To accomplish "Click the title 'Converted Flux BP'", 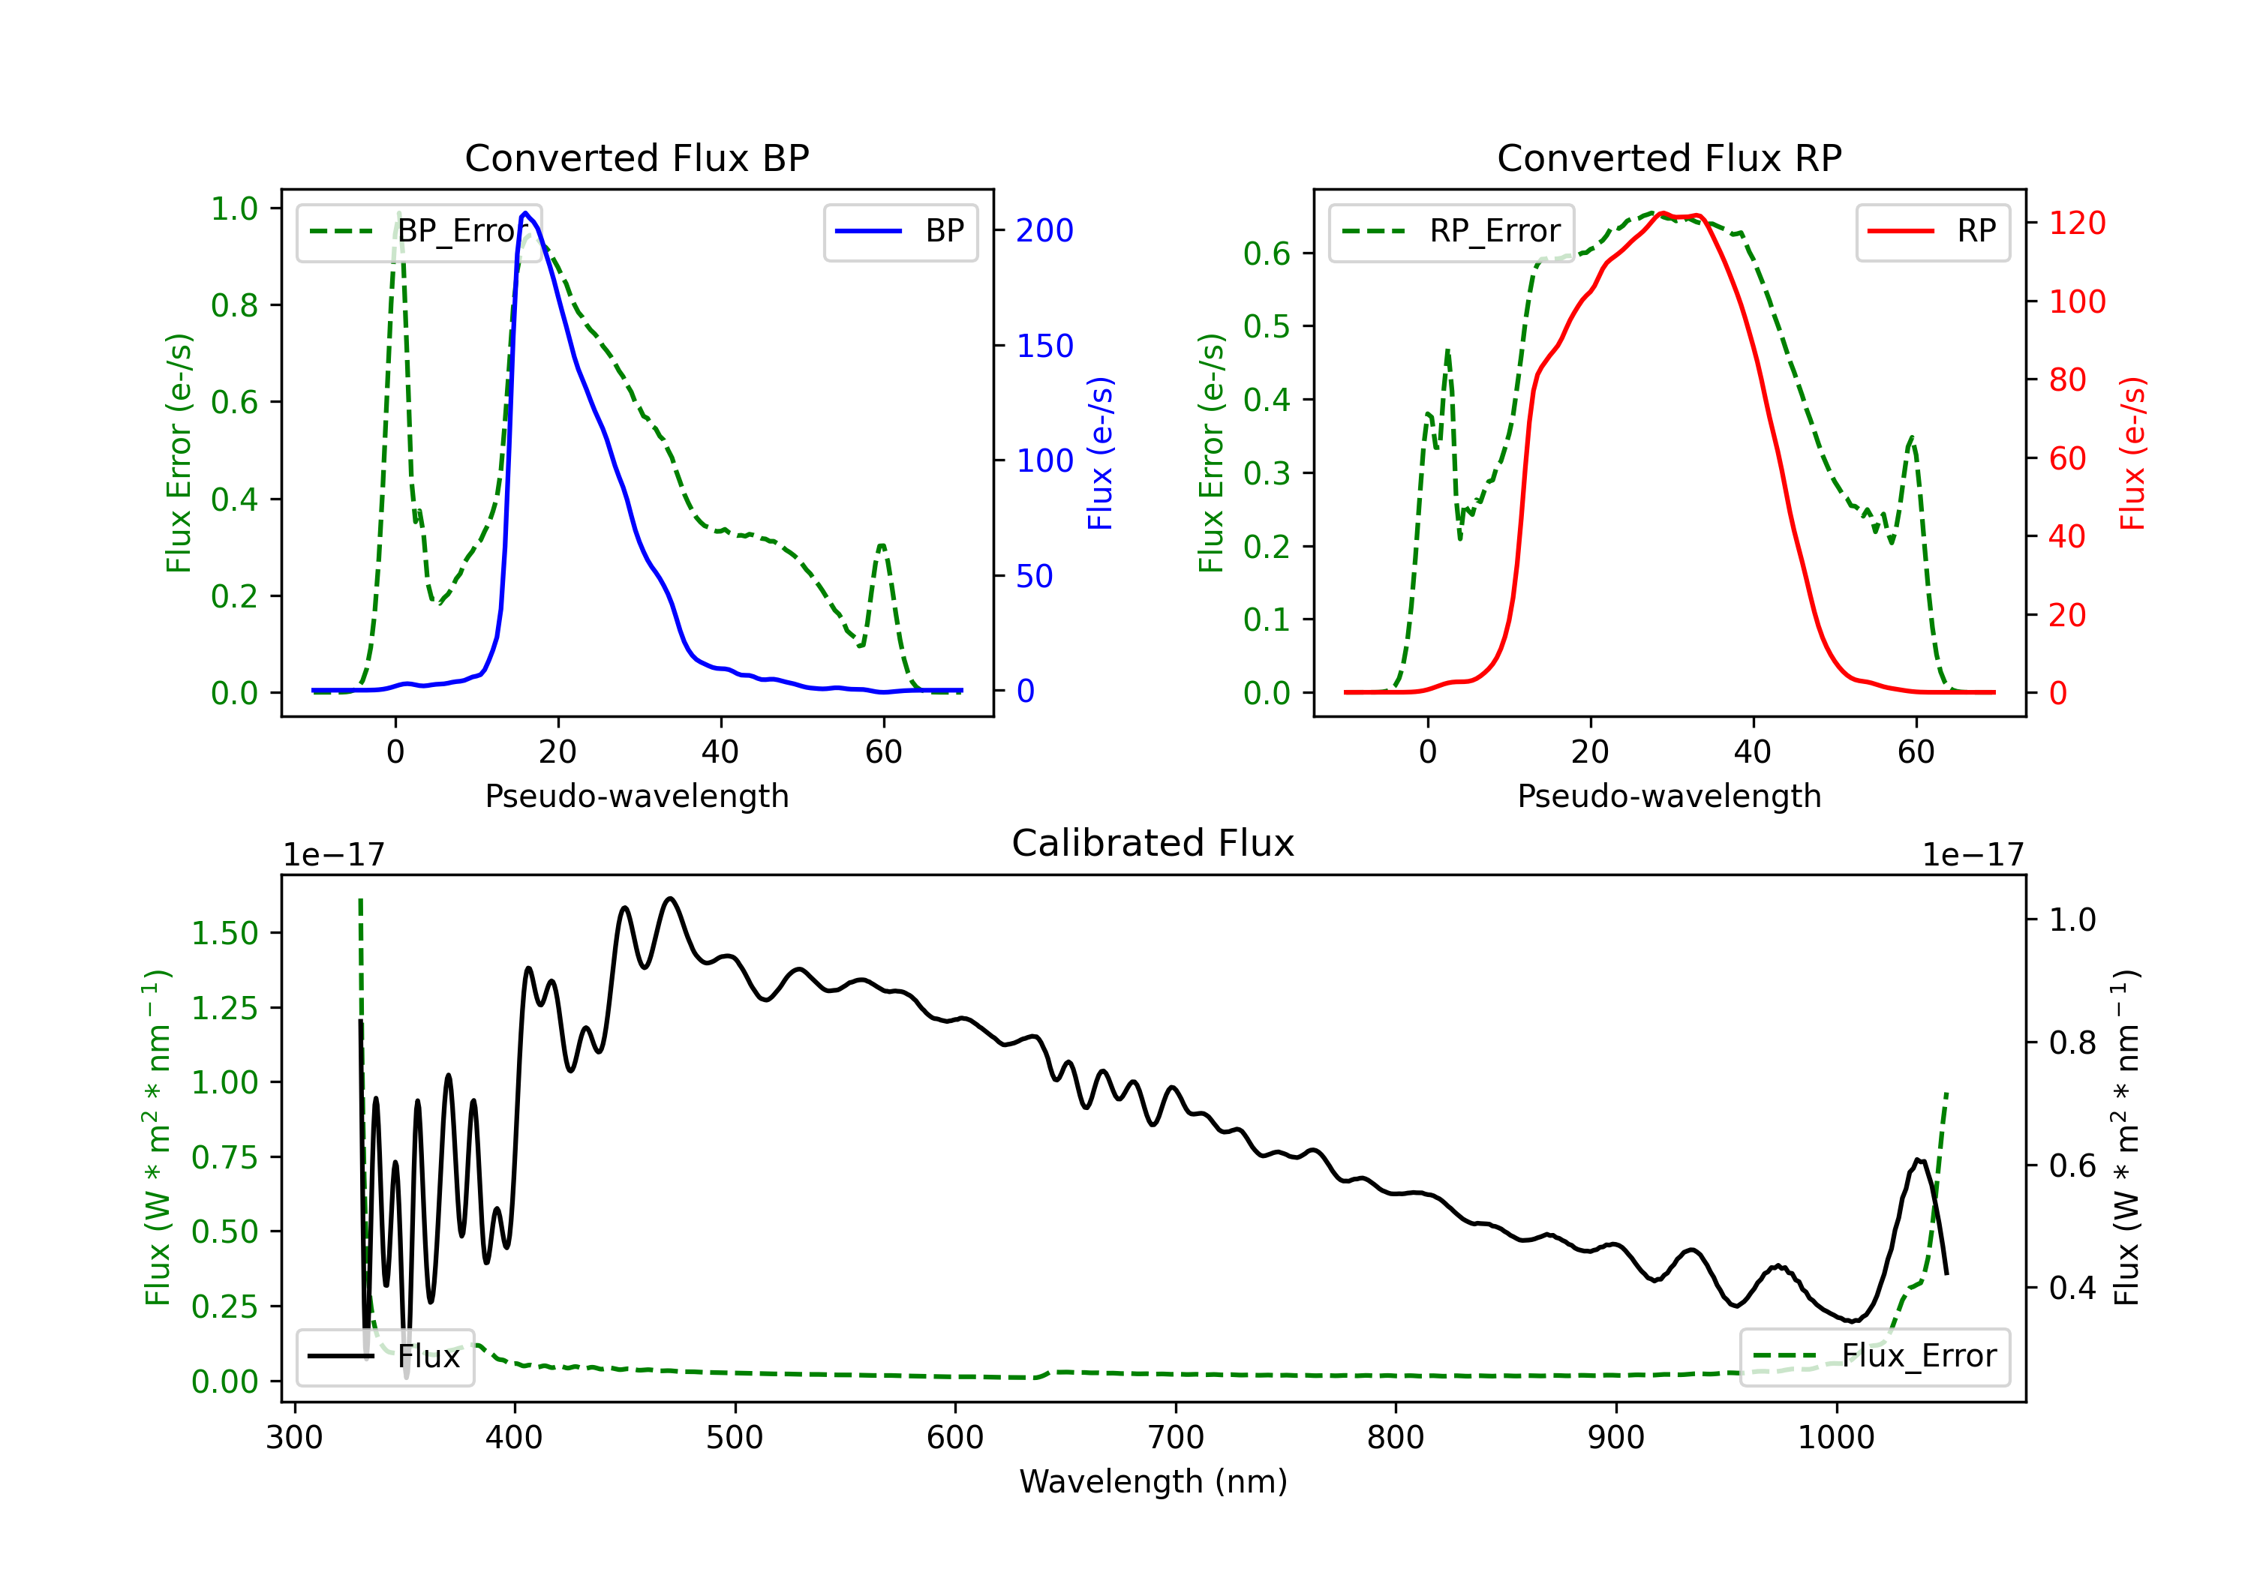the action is [636, 157].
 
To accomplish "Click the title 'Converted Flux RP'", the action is [1669, 157].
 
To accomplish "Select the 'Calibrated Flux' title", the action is [1153, 843].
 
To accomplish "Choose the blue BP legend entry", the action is [900, 231].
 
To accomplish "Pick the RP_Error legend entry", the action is [1451, 231].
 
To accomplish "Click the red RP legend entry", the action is [1932, 231].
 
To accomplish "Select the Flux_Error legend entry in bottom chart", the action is [1874, 1357].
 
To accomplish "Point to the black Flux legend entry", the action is [384, 1357].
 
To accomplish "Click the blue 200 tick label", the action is [1044, 230].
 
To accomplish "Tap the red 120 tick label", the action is [2078, 223].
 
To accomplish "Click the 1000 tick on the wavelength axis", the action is [1836, 1438].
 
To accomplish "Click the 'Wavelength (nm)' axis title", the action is [1153, 1482].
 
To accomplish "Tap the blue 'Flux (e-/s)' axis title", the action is [1100, 454].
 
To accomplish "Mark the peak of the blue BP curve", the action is [525, 213].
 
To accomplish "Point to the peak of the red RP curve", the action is [1663, 214].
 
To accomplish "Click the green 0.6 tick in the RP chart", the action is [1267, 253].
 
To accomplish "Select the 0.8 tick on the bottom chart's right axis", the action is [2072, 1042].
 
